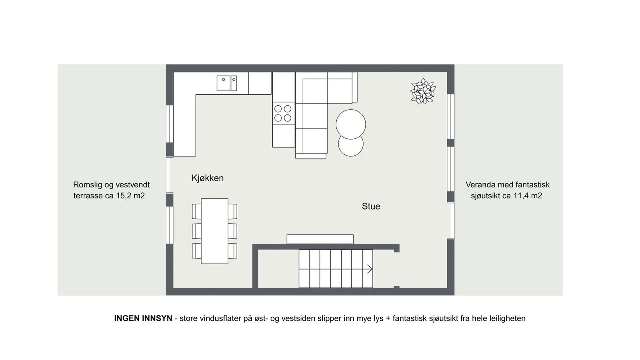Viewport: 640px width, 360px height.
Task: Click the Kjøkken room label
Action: tap(207, 178)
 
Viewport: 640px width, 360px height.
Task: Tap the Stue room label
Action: tap(371, 206)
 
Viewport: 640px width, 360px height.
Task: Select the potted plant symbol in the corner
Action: tap(423, 92)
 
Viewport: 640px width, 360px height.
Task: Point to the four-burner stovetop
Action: tap(283, 113)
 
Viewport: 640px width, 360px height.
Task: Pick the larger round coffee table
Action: tap(351, 124)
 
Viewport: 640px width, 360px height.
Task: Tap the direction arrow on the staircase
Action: tap(369, 269)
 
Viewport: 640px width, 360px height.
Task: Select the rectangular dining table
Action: tap(214, 231)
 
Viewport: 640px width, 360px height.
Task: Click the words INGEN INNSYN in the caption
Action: tap(143, 318)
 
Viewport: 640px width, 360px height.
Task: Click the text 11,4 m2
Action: tap(528, 196)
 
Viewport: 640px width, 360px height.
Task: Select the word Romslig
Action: tap(87, 185)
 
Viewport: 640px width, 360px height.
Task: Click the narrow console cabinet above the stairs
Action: tap(320, 239)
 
